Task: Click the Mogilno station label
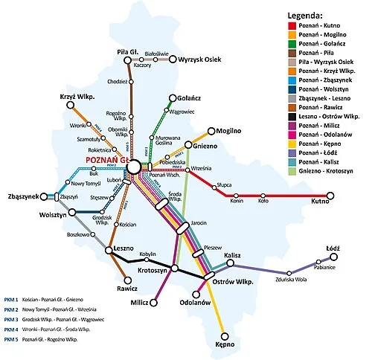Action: (231, 131)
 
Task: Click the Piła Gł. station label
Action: (129, 52)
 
